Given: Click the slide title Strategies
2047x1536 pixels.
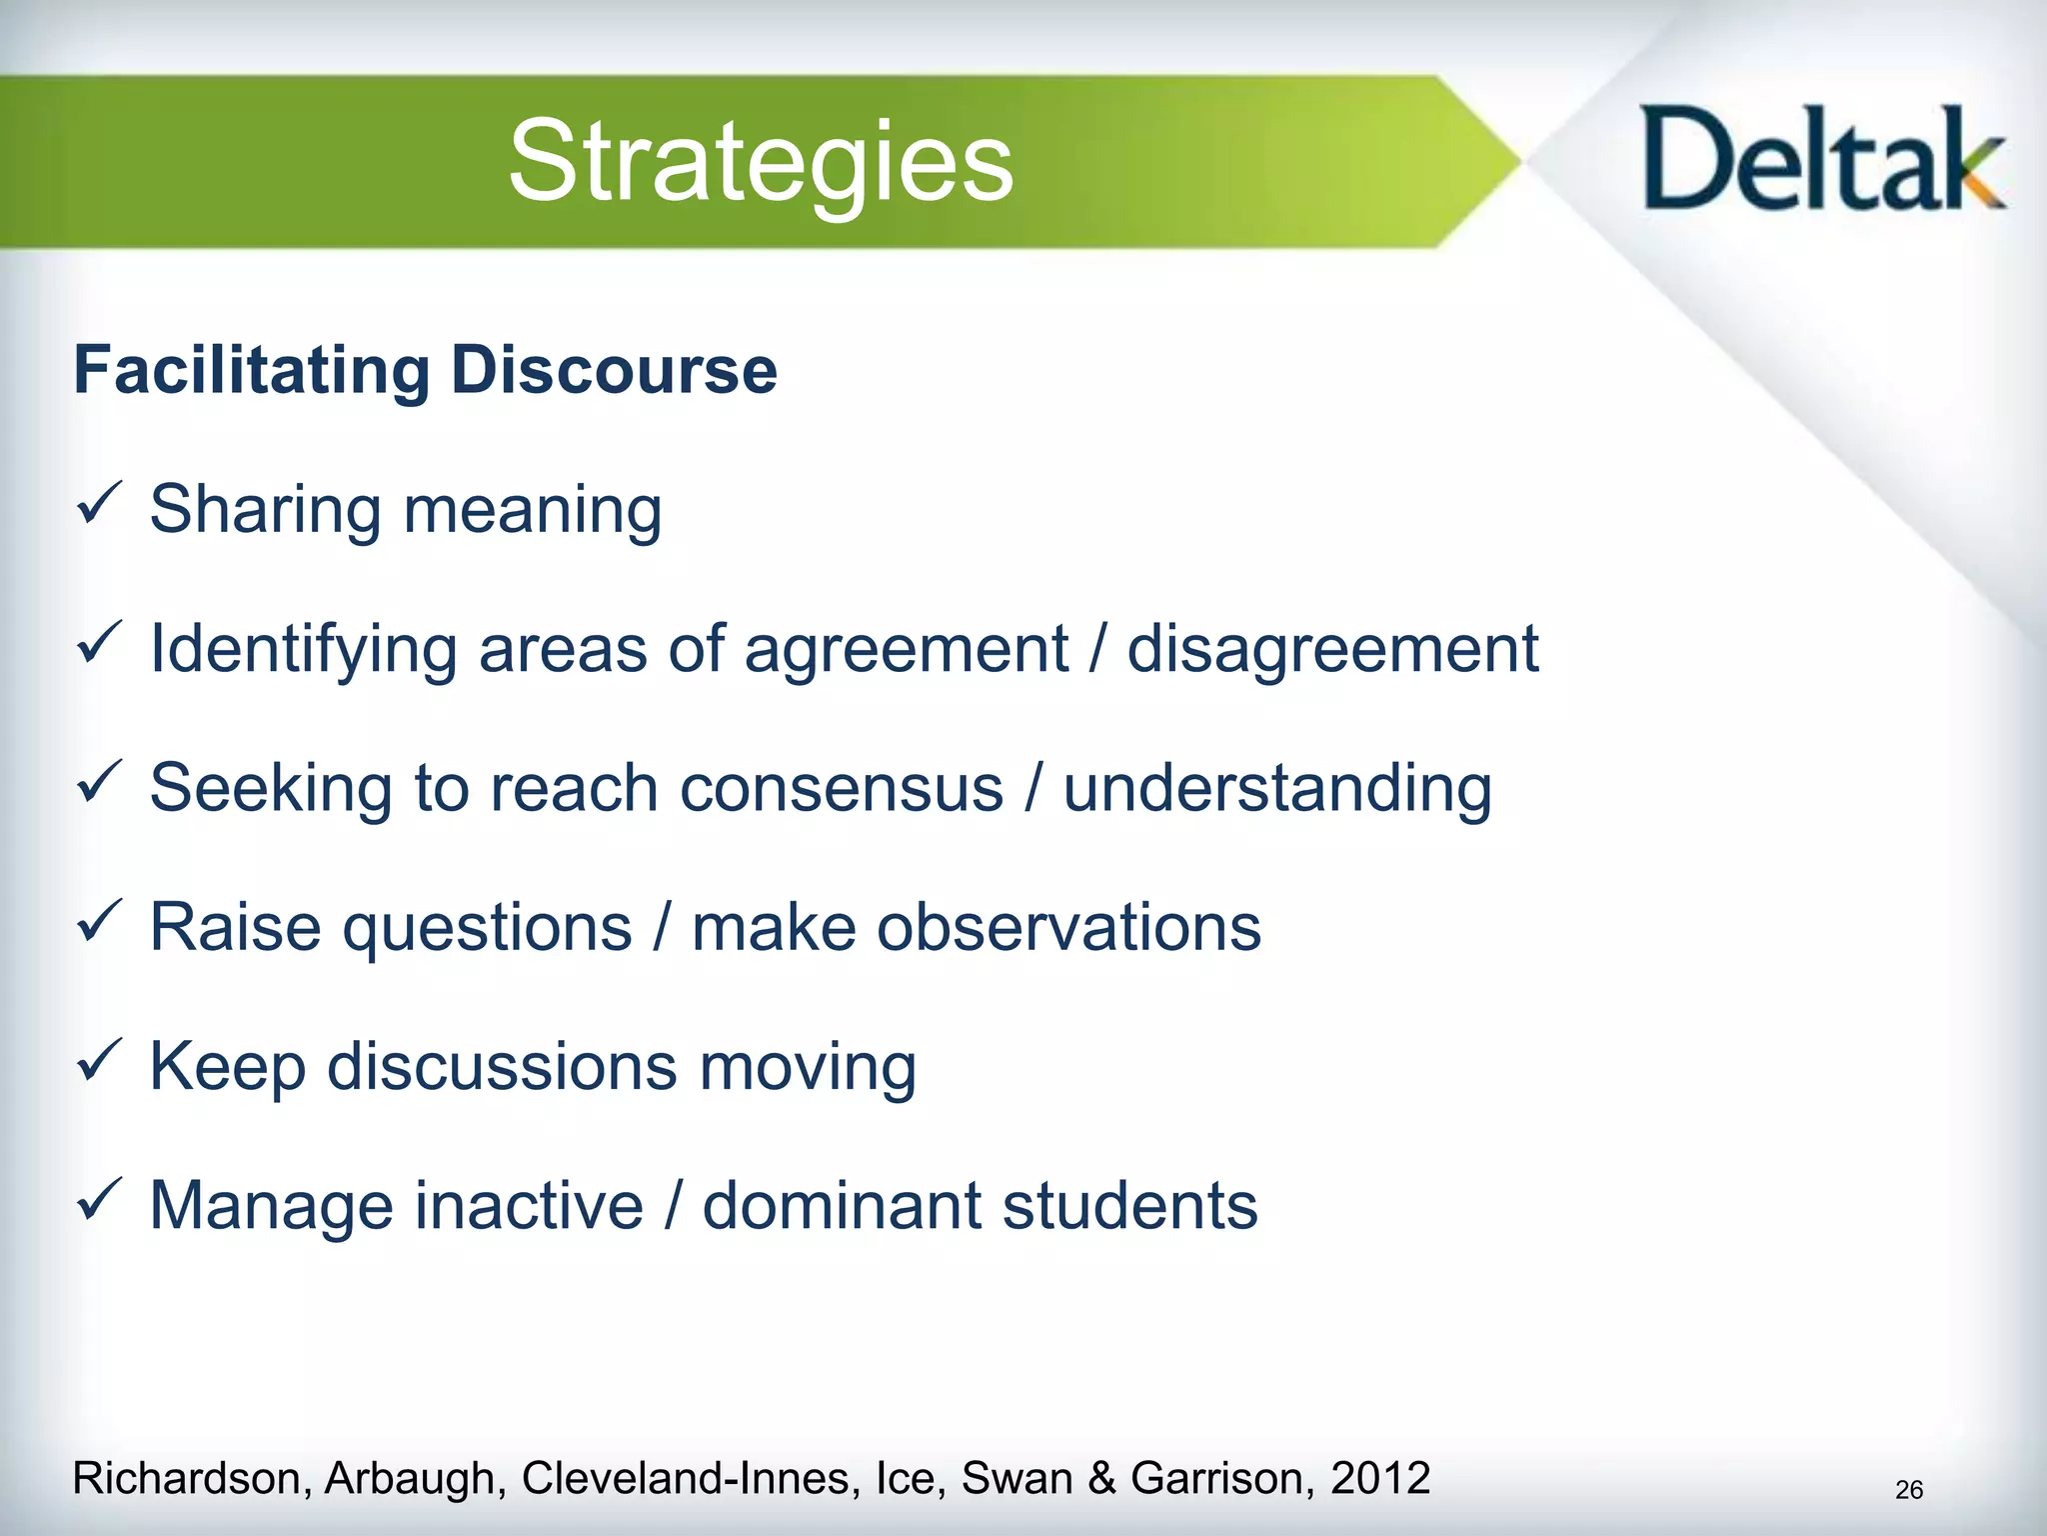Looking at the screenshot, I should coord(761,161).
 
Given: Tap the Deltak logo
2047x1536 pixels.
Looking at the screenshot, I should coord(1823,161).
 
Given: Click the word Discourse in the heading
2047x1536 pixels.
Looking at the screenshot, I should coord(614,371).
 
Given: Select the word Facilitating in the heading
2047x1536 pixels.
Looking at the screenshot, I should coord(251,371).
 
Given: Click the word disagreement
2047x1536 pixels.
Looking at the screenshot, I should coord(1332,650).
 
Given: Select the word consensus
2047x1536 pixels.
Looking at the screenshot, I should coord(841,789).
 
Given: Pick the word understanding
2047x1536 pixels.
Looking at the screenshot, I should coord(1276,789).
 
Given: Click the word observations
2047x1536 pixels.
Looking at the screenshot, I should coord(1068,928).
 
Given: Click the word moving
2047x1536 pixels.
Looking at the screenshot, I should coord(807,1068).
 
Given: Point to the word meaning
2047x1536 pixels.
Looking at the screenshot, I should coord(532,511).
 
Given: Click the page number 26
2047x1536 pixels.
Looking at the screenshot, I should coord(1908,1490).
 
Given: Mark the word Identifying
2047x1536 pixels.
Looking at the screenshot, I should coord(303,650).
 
